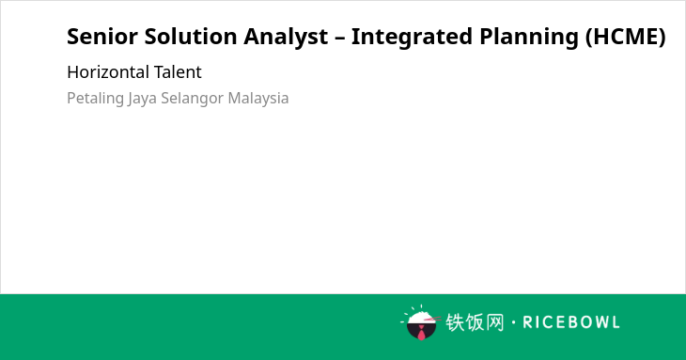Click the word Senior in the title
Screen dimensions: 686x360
102,37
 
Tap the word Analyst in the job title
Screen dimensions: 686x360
286,38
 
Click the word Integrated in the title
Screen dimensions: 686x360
412,38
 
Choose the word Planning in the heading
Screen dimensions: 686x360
529,38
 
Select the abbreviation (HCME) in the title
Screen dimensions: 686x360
626,37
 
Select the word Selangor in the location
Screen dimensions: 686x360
192,99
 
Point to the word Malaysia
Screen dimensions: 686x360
258,99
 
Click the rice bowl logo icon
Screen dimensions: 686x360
421,322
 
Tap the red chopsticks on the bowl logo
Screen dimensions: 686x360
432,320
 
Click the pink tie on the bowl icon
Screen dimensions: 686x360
421,333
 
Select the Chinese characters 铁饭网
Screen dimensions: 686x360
475,322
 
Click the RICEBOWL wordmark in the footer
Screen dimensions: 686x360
571,322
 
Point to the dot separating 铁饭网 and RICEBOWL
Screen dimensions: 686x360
513,322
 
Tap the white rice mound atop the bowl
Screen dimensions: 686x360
421,317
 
